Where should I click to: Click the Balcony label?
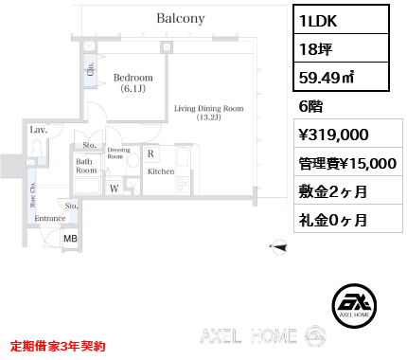(x=181, y=18)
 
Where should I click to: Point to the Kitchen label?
(x=161, y=172)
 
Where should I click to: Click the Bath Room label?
(x=86, y=167)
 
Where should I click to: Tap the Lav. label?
(x=39, y=129)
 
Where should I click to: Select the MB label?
(x=70, y=239)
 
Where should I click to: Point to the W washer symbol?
(x=114, y=189)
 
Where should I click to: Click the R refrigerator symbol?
(x=150, y=153)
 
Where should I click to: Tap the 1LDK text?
(x=316, y=21)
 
